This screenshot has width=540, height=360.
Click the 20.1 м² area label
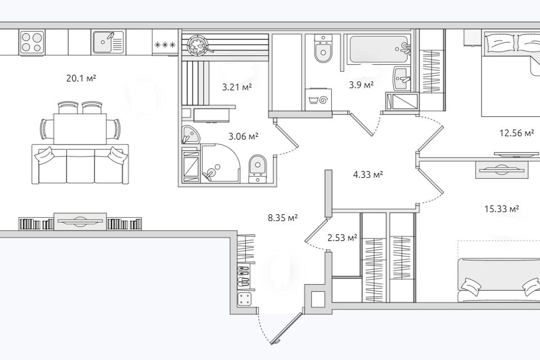(x=81, y=79)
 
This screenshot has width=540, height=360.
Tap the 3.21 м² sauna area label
(x=237, y=87)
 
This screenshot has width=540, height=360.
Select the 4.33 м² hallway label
(x=368, y=175)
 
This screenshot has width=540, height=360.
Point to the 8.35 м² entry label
(x=283, y=218)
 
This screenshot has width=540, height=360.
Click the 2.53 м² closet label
(x=343, y=237)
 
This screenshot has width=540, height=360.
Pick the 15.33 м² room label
(x=502, y=209)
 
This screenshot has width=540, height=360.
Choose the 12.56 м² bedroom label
(x=517, y=133)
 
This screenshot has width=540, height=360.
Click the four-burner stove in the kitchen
(x=32, y=42)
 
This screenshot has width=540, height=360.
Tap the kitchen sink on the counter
(x=108, y=42)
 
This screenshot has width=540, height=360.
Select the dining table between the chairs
(x=80, y=129)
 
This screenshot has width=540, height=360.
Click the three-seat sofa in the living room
(x=80, y=164)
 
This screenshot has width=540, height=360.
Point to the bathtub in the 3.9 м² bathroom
(x=379, y=49)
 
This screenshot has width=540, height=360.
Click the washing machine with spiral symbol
(x=318, y=100)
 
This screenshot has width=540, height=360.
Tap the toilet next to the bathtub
(x=323, y=49)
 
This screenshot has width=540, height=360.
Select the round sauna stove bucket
(x=197, y=45)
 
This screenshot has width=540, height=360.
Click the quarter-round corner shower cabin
(x=220, y=163)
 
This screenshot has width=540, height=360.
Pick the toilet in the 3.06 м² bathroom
(x=258, y=168)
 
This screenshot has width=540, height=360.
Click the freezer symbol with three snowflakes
(x=165, y=44)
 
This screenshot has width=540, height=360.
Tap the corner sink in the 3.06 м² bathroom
(x=191, y=134)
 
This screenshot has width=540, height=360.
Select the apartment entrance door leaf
(x=286, y=328)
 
